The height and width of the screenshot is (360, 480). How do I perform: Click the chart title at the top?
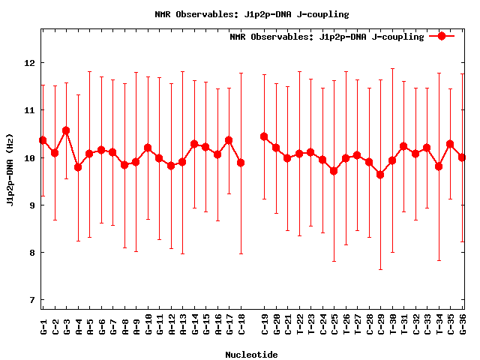(x=251, y=14)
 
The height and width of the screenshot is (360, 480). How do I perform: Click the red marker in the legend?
(x=442, y=36)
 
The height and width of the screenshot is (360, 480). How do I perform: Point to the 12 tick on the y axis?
(x=30, y=63)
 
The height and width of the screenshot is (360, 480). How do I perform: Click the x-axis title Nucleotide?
(x=251, y=355)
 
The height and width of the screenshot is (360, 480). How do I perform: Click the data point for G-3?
(x=66, y=130)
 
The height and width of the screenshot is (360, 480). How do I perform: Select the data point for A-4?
(x=78, y=167)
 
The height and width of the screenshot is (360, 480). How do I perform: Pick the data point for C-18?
(x=241, y=163)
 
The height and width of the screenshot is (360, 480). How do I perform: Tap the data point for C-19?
(x=264, y=136)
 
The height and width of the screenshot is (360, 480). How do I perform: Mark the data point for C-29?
(x=380, y=175)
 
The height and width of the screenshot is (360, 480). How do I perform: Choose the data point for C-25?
(x=334, y=171)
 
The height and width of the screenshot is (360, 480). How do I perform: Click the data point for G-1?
(x=43, y=140)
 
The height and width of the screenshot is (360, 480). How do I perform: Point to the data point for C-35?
(x=450, y=144)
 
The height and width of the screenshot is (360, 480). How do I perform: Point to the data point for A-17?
(x=229, y=140)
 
